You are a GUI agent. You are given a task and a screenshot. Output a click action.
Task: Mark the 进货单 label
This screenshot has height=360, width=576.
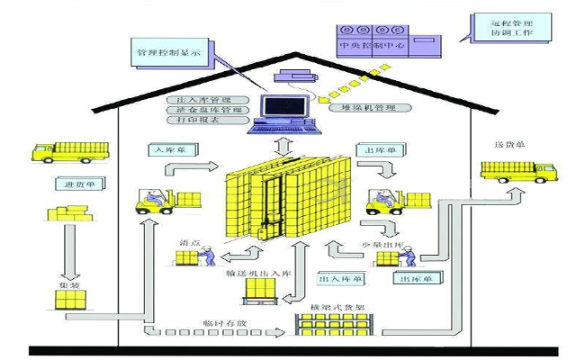pyautogui.click(x=68, y=183)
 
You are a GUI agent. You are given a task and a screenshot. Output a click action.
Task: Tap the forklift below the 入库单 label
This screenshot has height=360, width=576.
pyautogui.click(x=156, y=202)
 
